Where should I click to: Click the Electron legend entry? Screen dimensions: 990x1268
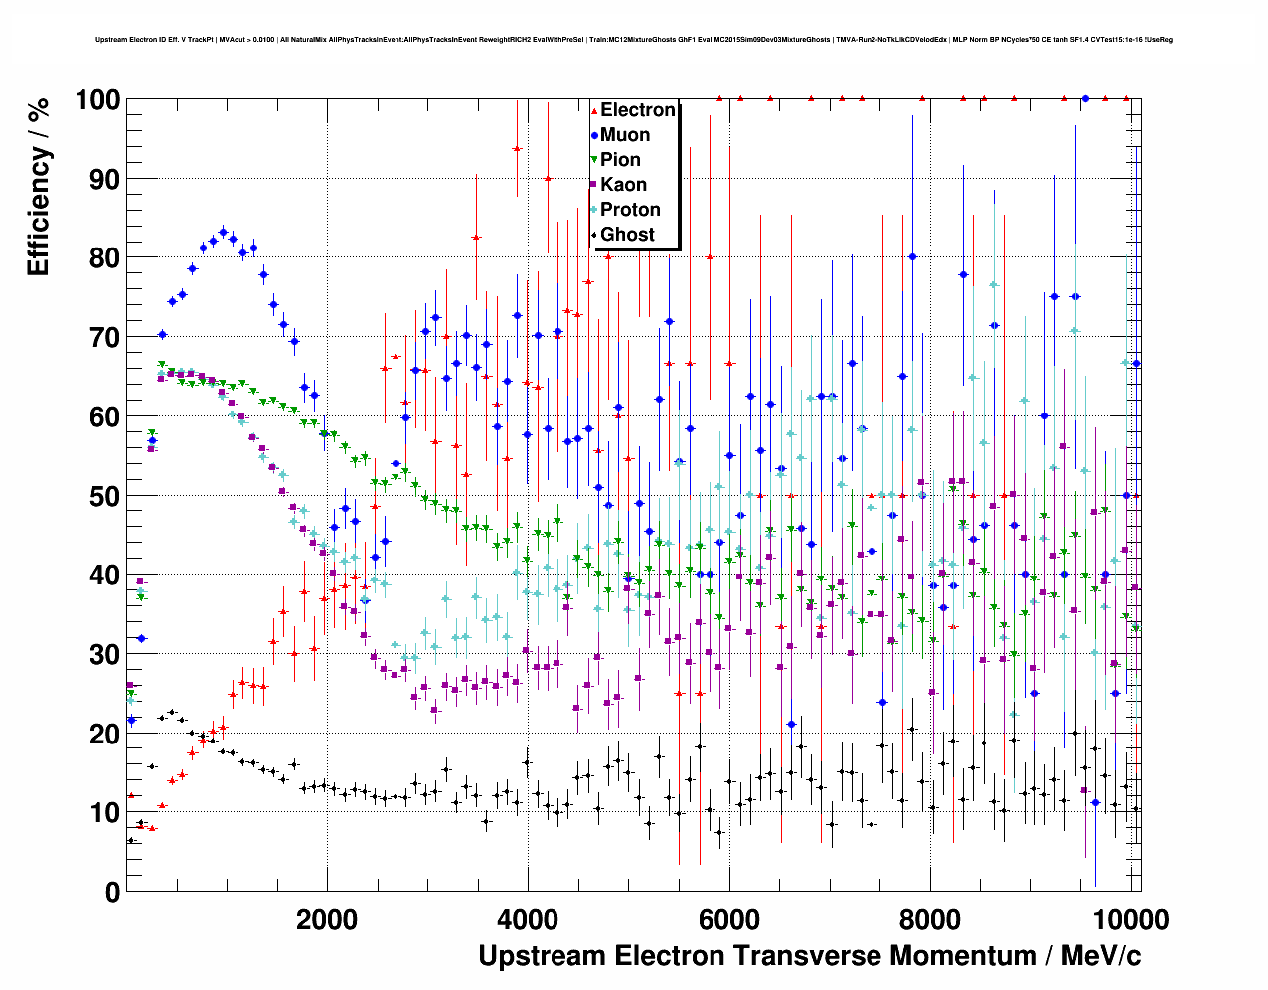click(637, 110)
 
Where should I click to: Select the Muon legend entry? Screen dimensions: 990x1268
click(625, 135)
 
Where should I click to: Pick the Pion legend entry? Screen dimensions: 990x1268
click(620, 160)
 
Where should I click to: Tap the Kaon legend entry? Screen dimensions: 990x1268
click(623, 185)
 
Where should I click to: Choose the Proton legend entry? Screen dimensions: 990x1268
click(630, 210)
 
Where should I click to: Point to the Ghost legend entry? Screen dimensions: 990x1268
click(627, 235)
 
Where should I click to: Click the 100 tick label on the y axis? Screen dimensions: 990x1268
click(98, 100)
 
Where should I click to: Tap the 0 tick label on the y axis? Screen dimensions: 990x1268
click(112, 892)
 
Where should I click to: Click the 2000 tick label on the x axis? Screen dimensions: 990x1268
click(327, 919)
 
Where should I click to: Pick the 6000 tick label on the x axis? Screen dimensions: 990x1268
click(729, 919)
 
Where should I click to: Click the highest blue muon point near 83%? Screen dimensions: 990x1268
click(223, 232)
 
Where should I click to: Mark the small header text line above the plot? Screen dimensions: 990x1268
click(634, 40)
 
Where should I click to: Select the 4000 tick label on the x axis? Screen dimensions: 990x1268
click(528, 919)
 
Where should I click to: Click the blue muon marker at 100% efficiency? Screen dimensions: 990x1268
click(1085, 98)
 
